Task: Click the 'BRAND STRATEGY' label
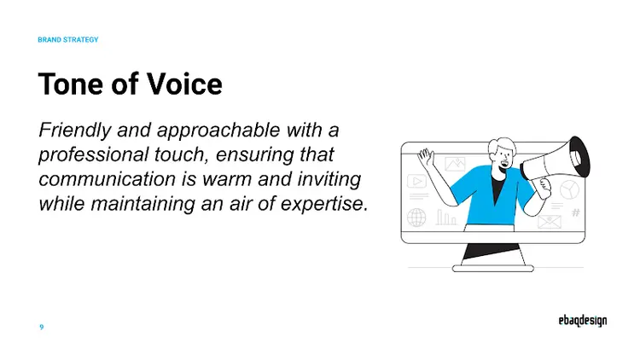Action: tap(68, 40)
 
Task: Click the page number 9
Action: tap(42, 327)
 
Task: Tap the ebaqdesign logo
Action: tap(577, 322)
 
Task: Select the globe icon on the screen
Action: tap(417, 217)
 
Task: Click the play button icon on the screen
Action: tap(417, 181)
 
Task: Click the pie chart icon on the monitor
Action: tap(569, 189)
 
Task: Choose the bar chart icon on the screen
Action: tap(446, 218)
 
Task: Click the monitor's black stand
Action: tap(492, 253)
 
